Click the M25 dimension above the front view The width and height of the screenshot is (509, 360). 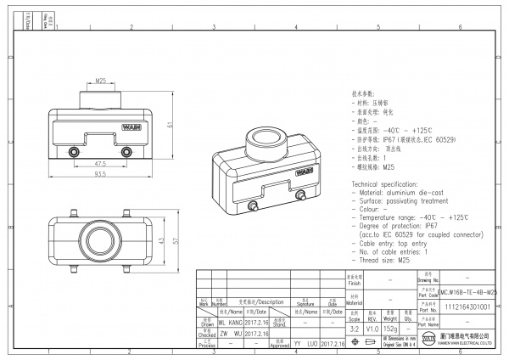tap(101, 81)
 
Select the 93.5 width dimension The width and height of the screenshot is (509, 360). tap(101, 174)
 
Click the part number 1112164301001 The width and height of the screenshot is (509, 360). tap(466, 307)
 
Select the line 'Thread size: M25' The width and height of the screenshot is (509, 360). tap(381, 260)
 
